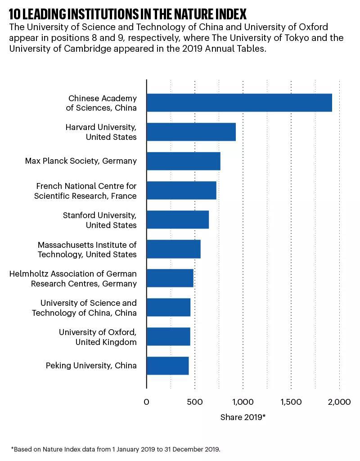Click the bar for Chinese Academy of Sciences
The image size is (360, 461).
(x=239, y=103)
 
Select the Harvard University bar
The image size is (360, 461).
(x=191, y=132)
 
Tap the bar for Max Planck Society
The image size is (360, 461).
(x=184, y=161)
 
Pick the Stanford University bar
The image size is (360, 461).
(x=178, y=219)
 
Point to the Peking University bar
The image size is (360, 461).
(x=168, y=366)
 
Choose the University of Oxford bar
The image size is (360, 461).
(x=168, y=336)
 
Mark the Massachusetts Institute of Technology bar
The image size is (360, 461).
(x=174, y=249)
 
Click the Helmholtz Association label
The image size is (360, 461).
(x=73, y=278)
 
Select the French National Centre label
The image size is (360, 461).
(x=85, y=191)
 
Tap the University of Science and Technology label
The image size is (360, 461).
(x=84, y=308)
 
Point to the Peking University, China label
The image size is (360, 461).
(x=91, y=365)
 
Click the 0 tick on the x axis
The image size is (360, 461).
(x=146, y=402)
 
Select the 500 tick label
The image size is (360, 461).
(x=195, y=402)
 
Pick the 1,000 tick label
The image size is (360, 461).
(x=243, y=402)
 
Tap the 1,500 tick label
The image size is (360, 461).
(x=291, y=402)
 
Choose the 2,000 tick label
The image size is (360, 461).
(x=339, y=402)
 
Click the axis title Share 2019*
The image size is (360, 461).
(x=243, y=417)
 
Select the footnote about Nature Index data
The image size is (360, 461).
(x=116, y=449)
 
